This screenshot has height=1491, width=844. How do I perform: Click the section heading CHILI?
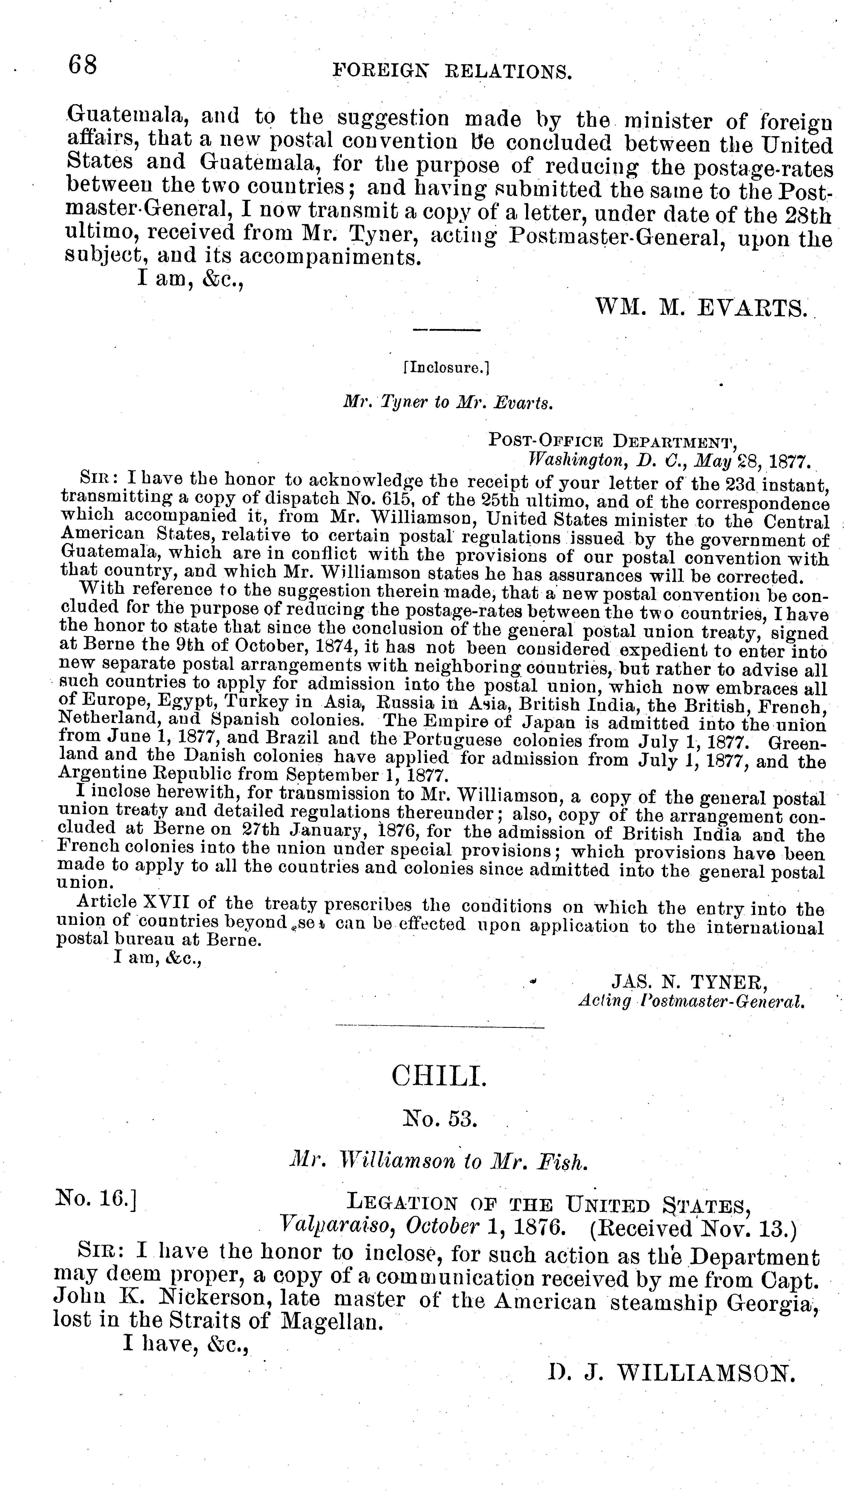click(440, 1077)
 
